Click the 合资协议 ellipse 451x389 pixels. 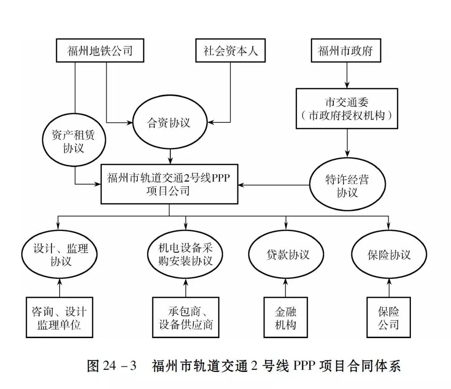click(x=169, y=123)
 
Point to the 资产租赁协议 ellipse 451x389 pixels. click(x=74, y=142)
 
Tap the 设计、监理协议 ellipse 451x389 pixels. click(x=61, y=254)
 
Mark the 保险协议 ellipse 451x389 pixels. click(x=389, y=254)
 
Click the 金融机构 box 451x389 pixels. click(x=286, y=317)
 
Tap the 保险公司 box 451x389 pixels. click(x=389, y=317)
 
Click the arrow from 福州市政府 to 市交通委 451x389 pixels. click(x=346, y=77)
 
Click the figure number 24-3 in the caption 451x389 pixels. click(x=119, y=366)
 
